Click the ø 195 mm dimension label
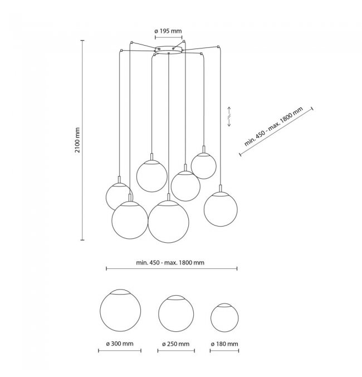168,31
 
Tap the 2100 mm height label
77,140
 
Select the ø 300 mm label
120,344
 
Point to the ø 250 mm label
175,344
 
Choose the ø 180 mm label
224,344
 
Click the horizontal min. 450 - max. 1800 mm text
170,262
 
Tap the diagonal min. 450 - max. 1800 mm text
273,126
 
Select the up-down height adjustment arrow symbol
229,116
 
